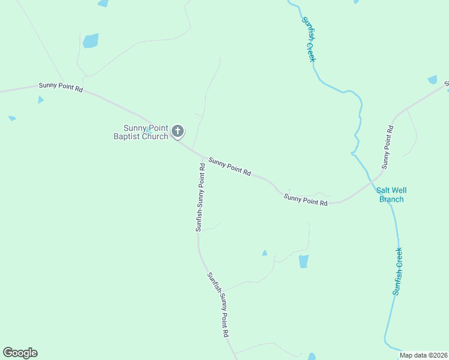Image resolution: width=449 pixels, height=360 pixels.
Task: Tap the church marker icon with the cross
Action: click(178, 131)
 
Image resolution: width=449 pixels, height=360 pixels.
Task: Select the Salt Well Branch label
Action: click(391, 195)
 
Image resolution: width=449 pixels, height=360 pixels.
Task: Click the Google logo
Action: click(20, 353)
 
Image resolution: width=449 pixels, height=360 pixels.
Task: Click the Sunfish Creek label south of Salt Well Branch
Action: click(397, 271)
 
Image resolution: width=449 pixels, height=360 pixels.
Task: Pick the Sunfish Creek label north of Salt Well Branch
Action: click(309, 38)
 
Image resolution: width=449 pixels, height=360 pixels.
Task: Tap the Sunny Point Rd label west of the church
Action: click(60, 86)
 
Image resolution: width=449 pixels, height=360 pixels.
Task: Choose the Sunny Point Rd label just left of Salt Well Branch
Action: click(306, 200)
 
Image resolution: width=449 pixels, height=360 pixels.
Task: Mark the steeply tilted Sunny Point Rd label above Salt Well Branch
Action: click(387, 147)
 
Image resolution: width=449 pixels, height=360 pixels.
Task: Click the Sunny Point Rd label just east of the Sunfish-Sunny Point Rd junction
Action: click(229, 166)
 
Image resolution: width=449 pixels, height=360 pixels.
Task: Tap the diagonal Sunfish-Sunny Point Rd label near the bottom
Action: click(218, 304)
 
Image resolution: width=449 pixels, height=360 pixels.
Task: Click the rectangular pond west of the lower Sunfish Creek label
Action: click(303, 261)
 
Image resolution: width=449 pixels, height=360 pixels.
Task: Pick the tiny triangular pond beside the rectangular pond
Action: click(264, 253)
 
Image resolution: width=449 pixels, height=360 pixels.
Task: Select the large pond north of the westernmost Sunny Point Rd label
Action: click(91, 41)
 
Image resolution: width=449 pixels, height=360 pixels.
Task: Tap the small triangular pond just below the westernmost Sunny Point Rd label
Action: click(40, 100)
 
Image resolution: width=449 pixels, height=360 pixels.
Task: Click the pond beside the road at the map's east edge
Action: click(432, 79)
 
